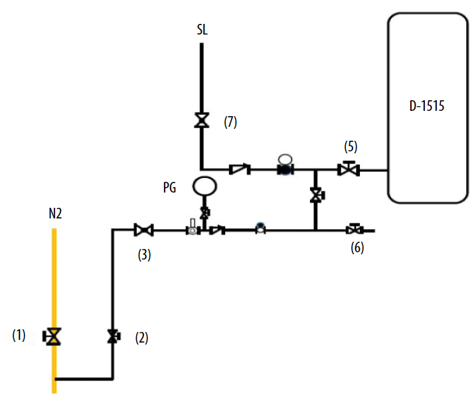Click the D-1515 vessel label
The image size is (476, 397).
click(x=427, y=106)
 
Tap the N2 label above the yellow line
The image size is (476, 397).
click(x=56, y=214)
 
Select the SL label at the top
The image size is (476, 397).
click(x=202, y=30)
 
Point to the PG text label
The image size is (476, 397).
click(x=169, y=188)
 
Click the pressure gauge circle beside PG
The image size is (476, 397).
click(x=204, y=186)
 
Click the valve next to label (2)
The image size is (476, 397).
click(x=114, y=337)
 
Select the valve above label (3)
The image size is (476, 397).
click(x=143, y=230)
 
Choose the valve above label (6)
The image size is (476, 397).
click(x=354, y=230)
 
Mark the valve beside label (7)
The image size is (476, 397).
click(x=201, y=121)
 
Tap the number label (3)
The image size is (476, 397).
click(x=144, y=254)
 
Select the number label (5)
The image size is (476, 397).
click(x=351, y=147)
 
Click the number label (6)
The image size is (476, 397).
click(x=358, y=249)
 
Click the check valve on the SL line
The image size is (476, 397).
click(x=239, y=170)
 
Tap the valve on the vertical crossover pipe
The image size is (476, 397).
click(x=316, y=195)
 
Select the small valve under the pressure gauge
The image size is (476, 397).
click(x=204, y=212)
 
